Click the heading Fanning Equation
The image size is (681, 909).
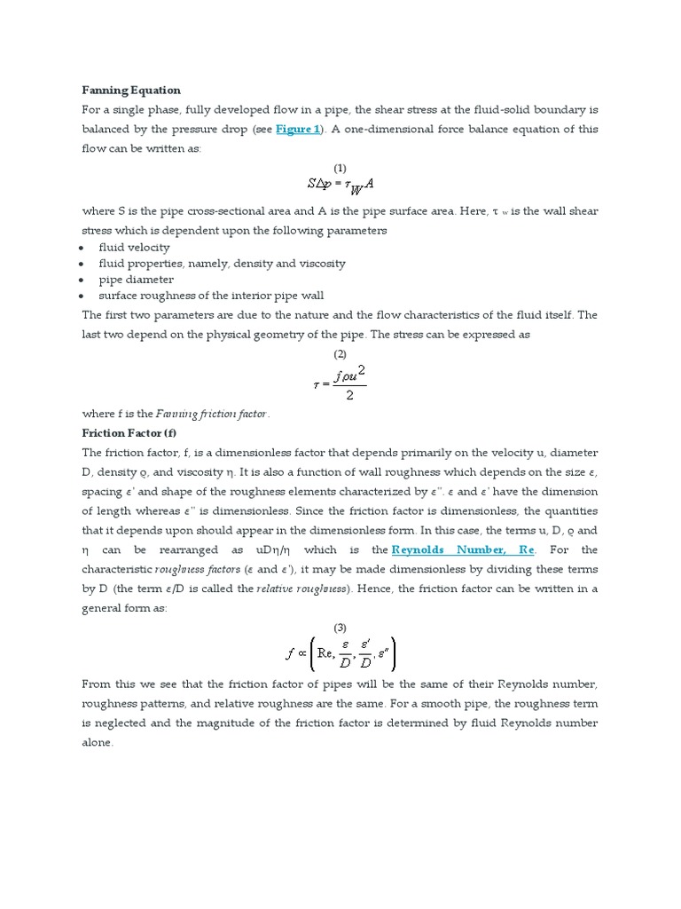(131, 90)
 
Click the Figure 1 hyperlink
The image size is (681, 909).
(298, 129)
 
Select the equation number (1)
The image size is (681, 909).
(340, 168)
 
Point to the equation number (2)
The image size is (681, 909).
(340, 353)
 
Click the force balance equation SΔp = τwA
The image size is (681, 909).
(340, 186)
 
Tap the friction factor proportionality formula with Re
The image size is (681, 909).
(340, 656)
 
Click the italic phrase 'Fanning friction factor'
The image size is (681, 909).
(212, 413)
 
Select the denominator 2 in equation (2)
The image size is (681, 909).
(349, 395)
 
